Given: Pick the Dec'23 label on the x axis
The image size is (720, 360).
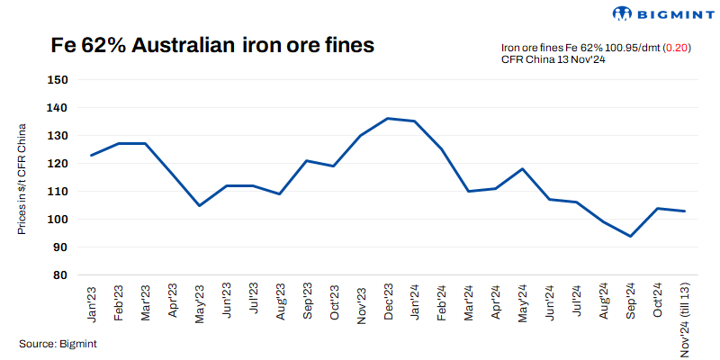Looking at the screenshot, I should click(388, 302).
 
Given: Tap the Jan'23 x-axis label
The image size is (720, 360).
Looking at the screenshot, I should click(93, 302).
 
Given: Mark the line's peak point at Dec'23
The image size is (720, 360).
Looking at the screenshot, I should click(387, 118).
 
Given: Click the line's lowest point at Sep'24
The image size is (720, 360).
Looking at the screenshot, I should click(630, 236).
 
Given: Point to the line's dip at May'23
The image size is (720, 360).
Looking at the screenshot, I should click(199, 205).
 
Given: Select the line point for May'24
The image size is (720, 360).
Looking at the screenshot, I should click(522, 168).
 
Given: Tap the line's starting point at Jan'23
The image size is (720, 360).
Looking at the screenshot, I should click(92, 155).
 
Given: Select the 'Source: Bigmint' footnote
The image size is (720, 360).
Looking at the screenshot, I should click(58, 343).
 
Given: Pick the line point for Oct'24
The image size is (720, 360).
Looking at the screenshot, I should click(657, 208).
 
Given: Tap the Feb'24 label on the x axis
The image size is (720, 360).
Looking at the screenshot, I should click(442, 302).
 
